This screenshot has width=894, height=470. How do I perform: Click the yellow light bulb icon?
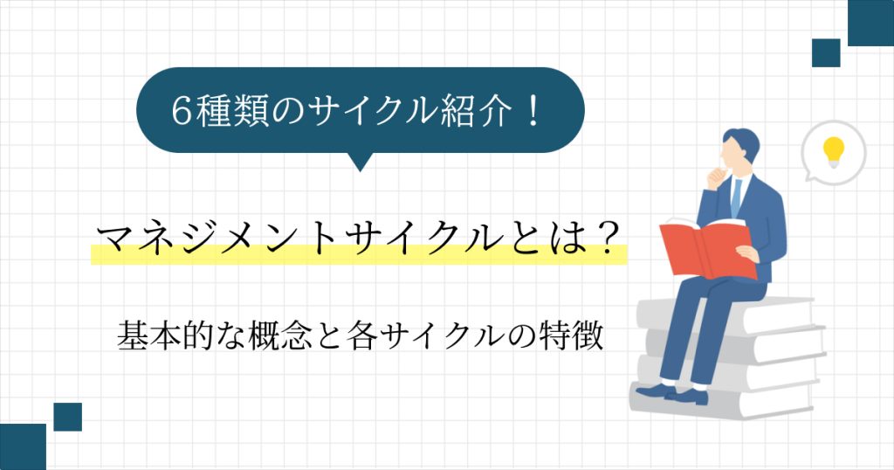tap(834, 152)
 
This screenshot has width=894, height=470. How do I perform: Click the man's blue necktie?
tap(736, 197)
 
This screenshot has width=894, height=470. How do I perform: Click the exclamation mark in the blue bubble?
tap(533, 110)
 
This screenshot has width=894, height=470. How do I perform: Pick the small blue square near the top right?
tap(826, 53)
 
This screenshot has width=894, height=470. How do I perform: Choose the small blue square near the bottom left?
tap(68, 417)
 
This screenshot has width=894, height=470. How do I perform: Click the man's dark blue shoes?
tap(672, 394)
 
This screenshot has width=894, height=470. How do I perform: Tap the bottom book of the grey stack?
tap(722, 402)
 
